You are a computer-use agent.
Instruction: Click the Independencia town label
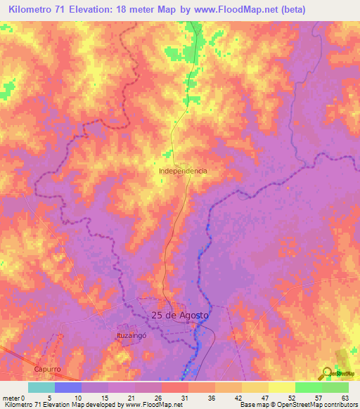183,171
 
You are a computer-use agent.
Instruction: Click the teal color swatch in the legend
41,387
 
